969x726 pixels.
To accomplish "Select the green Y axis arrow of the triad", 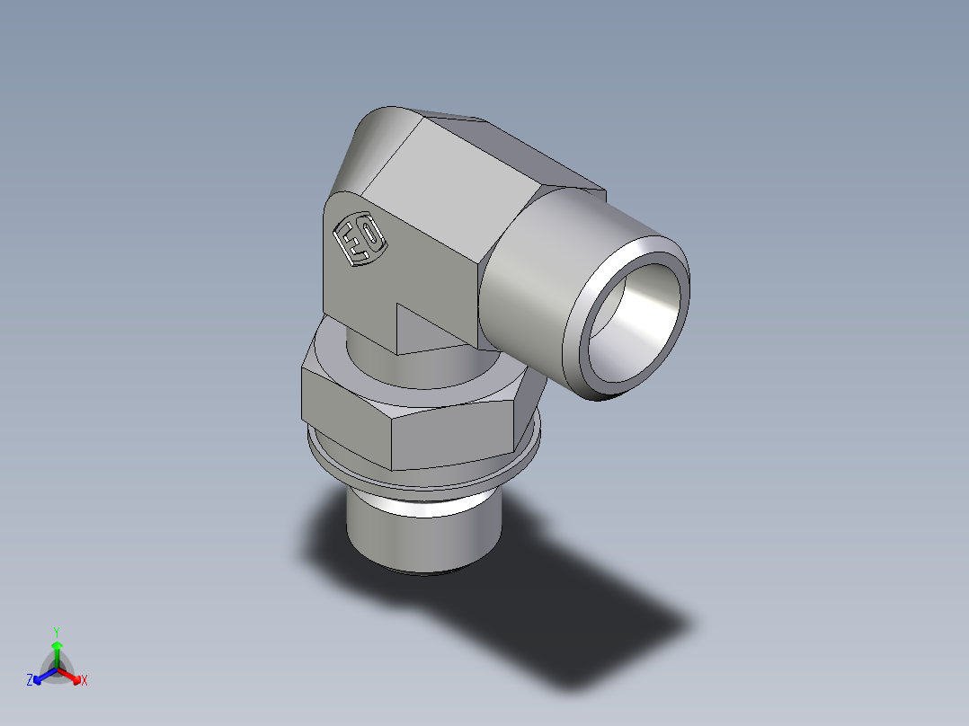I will [x=57, y=651].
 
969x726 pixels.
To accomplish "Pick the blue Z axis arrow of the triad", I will [x=41, y=676].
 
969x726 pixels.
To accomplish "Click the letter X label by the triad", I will [x=84, y=681].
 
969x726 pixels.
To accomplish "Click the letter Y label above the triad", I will [x=57, y=632].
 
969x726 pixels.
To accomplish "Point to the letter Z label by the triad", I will [x=30, y=681].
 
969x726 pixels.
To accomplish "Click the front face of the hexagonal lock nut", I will [x=454, y=436].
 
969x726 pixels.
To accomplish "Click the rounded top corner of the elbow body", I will [x=378, y=135].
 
